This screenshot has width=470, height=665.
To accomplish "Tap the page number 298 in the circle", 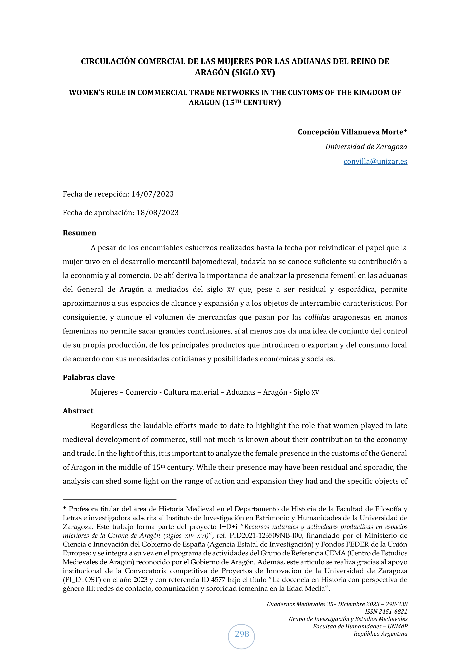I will (x=242, y=634).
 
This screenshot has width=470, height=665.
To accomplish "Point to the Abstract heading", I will (x=78, y=411).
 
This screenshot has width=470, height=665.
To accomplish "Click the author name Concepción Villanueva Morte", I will (x=350, y=132).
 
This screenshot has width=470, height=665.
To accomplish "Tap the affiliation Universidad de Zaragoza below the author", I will (x=366, y=147).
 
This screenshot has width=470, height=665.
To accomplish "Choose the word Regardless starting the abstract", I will (x=109, y=426).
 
